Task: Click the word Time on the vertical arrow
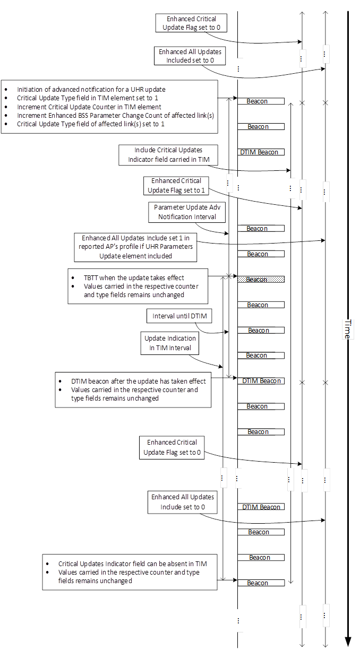pyautogui.click(x=347, y=329)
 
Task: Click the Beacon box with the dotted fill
pyautogui.click(x=261, y=279)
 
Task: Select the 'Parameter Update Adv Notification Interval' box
pyautogui.click(x=182, y=212)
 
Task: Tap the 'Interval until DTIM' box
pyautogui.click(x=179, y=316)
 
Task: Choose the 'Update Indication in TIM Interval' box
pyautogui.click(x=170, y=343)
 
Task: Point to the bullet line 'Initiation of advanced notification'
pyautogui.click(x=95, y=90)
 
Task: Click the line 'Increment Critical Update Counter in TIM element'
pyautogui.click(x=89, y=107)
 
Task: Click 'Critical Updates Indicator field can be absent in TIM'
pyautogui.click(x=132, y=564)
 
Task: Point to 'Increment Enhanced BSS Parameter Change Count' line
pyautogui.click(x=115, y=115)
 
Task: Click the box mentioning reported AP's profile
pyautogui.click(x=135, y=247)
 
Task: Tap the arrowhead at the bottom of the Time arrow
pyautogui.click(x=348, y=641)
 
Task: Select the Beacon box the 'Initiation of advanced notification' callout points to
pyautogui.click(x=261, y=101)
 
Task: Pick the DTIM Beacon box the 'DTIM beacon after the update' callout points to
pyautogui.click(x=261, y=381)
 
